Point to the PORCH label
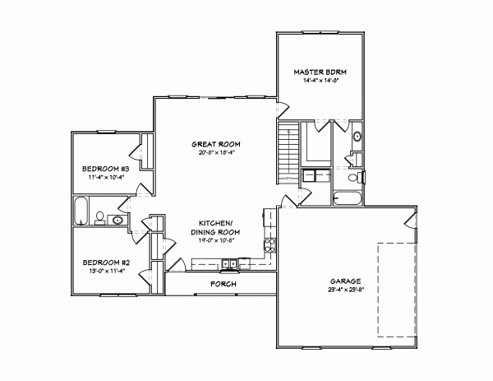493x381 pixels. [x=223, y=284]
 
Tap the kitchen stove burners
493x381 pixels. [x=268, y=244]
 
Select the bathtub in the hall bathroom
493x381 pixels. [x=81, y=211]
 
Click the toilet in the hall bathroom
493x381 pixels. [x=99, y=218]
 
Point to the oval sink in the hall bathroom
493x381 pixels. [x=117, y=220]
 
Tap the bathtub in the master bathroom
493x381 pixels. [x=346, y=197]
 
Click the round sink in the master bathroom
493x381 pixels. [x=357, y=137]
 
